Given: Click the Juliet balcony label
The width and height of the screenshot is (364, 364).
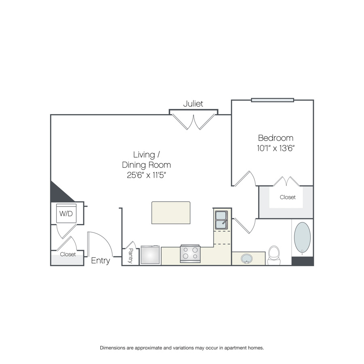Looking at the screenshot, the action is click(x=193, y=104).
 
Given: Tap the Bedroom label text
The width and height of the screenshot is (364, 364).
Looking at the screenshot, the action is click(x=275, y=138).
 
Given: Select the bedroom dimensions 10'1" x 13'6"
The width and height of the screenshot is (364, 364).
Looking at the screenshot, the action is click(x=275, y=148).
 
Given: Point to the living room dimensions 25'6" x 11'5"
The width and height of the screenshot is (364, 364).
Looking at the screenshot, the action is click(x=146, y=175).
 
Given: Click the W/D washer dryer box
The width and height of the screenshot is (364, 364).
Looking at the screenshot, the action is click(x=66, y=213).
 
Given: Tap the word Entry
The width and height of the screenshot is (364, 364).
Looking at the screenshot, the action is click(x=100, y=260).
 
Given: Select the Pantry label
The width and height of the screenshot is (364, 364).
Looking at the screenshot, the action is click(x=131, y=256).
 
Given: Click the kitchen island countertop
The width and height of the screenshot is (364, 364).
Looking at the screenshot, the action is click(x=171, y=213).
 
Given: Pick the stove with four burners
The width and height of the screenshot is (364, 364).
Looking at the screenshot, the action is click(x=190, y=254).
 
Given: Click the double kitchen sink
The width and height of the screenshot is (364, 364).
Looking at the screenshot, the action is click(x=221, y=220).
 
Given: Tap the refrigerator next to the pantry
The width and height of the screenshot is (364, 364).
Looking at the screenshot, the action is click(x=150, y=255).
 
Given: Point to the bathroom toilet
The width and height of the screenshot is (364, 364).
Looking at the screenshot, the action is click(x=274, y=255).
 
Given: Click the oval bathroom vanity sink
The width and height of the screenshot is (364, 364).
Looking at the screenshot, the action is click(x=247, y=258).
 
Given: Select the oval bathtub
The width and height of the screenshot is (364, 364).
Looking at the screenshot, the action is click(x=302, y=237).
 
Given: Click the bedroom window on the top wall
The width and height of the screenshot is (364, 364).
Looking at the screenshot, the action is click(x=273, y=100).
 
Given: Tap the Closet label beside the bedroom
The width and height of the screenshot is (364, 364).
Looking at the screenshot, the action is click(x=288, y=197).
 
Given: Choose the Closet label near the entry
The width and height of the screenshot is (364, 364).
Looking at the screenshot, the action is click(x=68, y=254).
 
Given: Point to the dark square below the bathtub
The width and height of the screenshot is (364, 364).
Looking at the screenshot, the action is click(x=303, y=261).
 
